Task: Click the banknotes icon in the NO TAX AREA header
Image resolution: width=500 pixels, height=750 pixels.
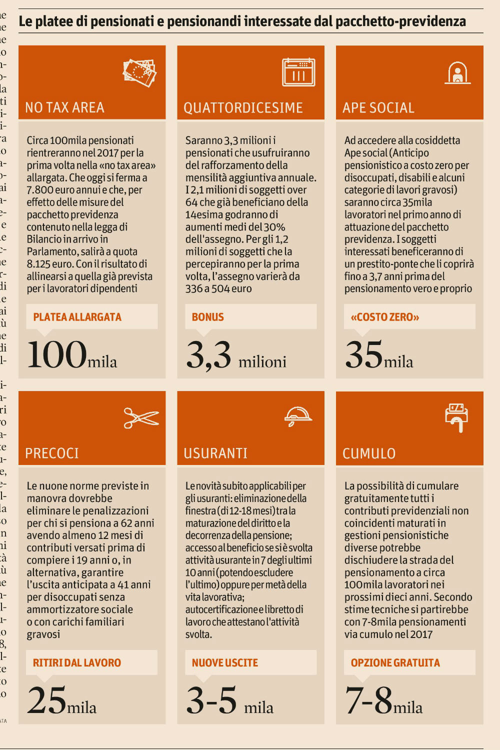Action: [x=139, y=73]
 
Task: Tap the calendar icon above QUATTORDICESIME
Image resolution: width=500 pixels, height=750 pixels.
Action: [x=298, y=72]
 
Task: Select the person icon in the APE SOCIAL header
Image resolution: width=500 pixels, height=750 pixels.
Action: [x=457, y=73]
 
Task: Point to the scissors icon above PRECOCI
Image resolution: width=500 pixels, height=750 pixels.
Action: [x=140, y=418]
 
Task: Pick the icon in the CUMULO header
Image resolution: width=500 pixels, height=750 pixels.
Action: [x=456, y=416]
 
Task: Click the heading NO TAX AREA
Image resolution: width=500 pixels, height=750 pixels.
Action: [x=64, y=107]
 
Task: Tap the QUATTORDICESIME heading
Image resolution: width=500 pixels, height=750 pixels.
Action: [x=243, y=107]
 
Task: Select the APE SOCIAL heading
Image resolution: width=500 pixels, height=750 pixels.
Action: [x=378, y=107]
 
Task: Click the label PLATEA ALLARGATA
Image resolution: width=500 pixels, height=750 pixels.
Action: [x=77, y=317]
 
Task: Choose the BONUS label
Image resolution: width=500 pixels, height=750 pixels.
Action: [x=207, y=317]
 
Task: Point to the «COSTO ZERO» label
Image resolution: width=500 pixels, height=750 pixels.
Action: [x=384, y=317]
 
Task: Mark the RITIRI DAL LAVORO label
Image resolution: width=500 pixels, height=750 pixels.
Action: [x=76, y=662]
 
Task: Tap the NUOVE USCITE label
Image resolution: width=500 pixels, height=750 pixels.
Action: [x=224, y=662]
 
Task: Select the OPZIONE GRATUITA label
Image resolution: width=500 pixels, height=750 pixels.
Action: [x=395, y=662]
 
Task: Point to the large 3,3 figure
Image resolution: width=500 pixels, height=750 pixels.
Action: [x=208, y=355]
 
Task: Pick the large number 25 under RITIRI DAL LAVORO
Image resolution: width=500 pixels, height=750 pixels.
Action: [x=46, y=700]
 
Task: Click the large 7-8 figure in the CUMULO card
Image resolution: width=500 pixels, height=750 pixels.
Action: [x=368, y=700]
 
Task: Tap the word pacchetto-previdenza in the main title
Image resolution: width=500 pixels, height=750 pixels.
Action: [x=400, y=21]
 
